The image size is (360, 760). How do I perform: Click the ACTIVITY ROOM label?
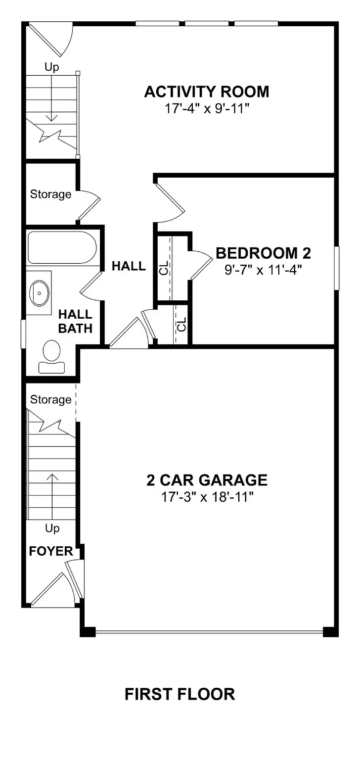coord(207,92)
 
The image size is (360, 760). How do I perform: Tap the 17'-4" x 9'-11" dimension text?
coord(207,108)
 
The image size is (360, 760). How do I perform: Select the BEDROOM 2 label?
coord(263,253)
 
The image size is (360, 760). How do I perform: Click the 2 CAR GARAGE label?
coord(207,480)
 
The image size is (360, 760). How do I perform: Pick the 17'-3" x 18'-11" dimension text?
coord(207,497)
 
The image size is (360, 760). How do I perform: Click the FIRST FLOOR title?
coord(180,694)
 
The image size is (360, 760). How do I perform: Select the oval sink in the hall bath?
coord(39,293)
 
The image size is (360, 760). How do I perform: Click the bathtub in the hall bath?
coord(61,248)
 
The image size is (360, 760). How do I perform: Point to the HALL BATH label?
coord(75,321)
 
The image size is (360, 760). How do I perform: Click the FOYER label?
coord(51,551)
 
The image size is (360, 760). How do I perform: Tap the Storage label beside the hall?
coord(50,194)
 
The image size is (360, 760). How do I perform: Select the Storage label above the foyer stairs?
coord(50,399)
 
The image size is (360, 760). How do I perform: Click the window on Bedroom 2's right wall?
coord(337,268)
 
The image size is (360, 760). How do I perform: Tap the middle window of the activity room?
coord(207,23)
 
